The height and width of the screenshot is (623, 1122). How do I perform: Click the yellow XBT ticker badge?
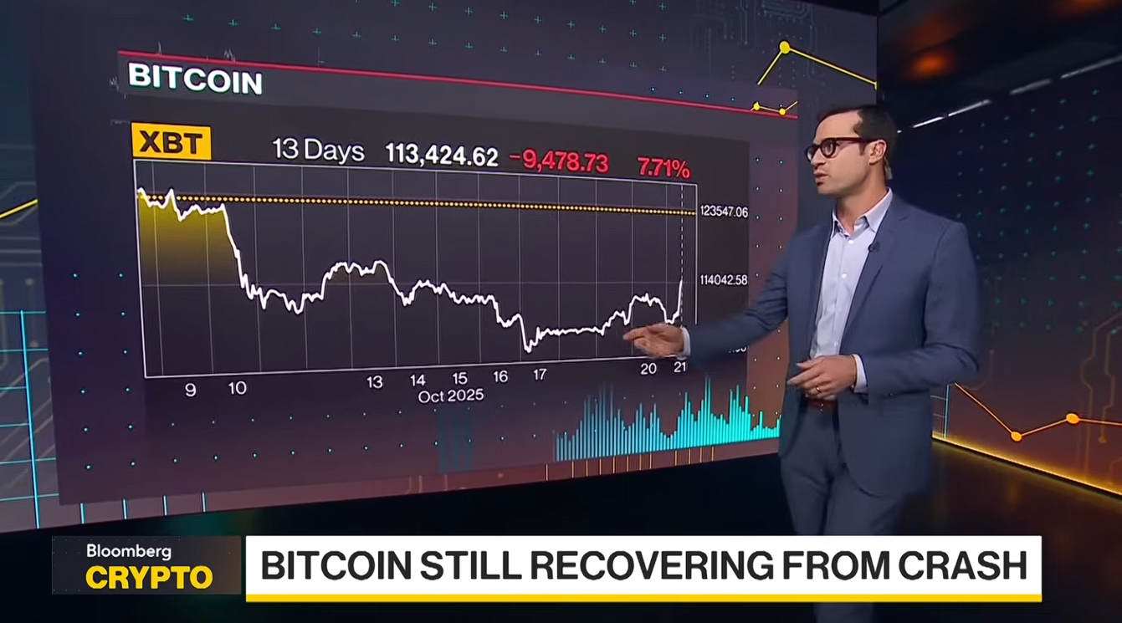[171, 143]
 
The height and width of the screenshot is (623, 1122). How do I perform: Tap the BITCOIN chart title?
[195, 79]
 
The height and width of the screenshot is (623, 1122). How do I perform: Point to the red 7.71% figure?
[663, 167]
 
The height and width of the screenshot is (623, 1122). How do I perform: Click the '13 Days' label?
[318, 151]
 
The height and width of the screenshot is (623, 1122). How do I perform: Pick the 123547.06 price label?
[724, 213]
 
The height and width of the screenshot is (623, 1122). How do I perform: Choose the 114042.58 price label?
[724, 280]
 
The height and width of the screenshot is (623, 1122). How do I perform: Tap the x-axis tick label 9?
[190, 389]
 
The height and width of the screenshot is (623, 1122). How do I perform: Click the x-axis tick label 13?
[374, 382]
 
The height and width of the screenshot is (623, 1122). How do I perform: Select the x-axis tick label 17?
[540, 375]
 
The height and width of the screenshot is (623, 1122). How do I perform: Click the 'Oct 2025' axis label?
[451, 396]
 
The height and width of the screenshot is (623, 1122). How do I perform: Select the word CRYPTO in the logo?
[149, 577]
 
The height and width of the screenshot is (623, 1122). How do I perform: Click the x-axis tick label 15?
[459, 378]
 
